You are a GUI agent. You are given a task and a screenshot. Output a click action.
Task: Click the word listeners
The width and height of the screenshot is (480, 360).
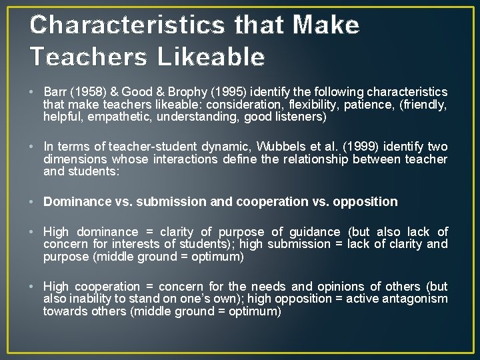[299, 117]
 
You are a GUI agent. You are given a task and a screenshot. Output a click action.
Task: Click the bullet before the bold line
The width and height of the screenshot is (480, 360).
[33, 201]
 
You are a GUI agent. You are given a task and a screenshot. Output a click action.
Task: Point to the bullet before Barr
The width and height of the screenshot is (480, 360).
[33, 92]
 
